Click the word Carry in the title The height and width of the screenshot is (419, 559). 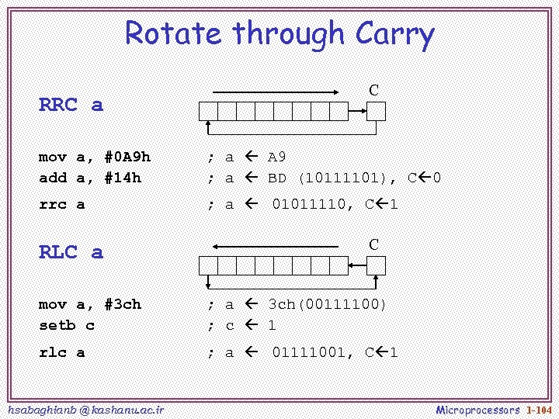coord(394,35)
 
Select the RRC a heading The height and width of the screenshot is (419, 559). coord(71,105)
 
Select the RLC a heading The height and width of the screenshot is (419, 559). coord(71,252)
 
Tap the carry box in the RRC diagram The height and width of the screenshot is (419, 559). coord(376,111)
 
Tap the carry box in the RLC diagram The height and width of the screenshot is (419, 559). coord(376,265)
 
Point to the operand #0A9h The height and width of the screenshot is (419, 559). coord(127,158)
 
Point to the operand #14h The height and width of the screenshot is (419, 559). coord(123,178)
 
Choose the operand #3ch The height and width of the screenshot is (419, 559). coord(123,304)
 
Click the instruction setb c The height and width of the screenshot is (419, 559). coord(67,325)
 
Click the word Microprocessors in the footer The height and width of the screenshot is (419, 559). coord(477,409)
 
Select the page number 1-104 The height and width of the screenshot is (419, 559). coord(538,409)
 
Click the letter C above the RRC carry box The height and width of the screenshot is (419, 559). coord(373,90)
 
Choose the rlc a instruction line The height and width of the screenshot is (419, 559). coord(62,353)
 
